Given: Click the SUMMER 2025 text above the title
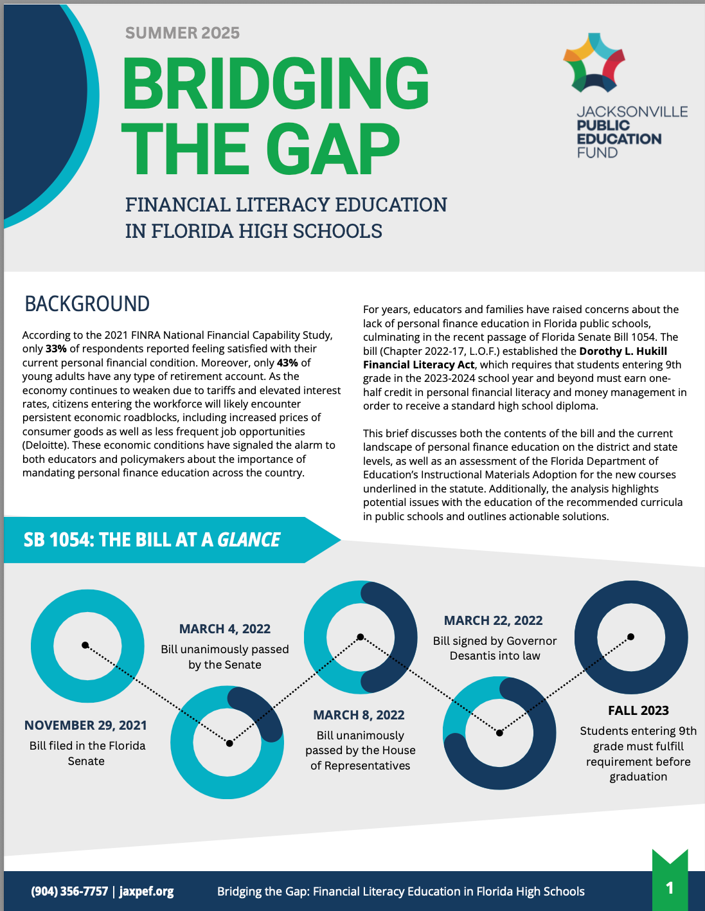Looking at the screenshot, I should click(x=182, y=33).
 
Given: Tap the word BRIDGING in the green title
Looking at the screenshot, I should click(x=275, y=84).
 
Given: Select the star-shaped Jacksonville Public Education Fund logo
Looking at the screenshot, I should click(x=594, y=62).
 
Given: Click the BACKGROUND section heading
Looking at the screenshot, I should click(x=87, y=303).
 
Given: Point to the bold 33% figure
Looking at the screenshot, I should click(x=56, y=349).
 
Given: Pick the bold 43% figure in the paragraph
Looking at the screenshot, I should click(x=287, y=363).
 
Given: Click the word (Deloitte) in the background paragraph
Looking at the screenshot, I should click(x=47, y=446).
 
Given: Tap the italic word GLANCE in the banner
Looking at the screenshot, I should click(x=249, y=539).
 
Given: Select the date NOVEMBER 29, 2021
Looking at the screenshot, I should click(x=85, y=725).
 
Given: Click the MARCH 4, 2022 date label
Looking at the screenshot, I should click(x=224, y=629).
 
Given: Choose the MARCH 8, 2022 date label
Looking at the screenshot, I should click(x=359, y=715).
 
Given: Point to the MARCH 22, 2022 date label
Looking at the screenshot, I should click(x=493, y=620).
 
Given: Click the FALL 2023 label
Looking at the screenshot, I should click(x=638, y=710).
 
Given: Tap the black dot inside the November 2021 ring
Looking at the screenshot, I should click(x=85, y=645).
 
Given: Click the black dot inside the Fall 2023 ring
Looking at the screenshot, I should click(x=630, y=636).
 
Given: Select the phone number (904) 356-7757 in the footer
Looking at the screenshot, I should click(x=69, y=891).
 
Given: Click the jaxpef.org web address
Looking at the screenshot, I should click(x=147, y=891).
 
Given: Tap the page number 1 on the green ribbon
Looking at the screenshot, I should click(x=670, y=888).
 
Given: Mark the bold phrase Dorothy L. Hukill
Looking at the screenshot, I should click(x=623, y=351).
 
